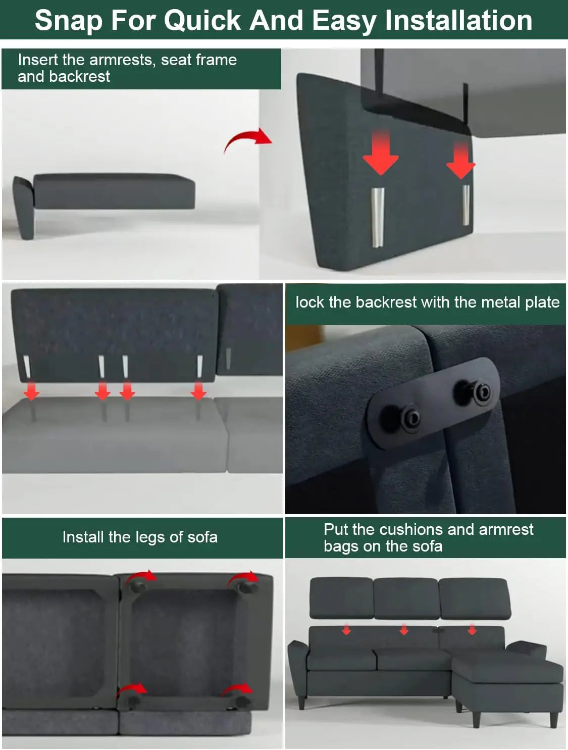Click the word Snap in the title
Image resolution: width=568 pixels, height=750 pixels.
69,21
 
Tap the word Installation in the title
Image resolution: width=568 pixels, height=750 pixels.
459,20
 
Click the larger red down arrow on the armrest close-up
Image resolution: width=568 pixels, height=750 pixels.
381,153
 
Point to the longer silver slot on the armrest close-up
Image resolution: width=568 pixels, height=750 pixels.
378,217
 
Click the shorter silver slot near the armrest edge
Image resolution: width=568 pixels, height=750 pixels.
466,205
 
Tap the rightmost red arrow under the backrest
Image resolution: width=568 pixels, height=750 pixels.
198,390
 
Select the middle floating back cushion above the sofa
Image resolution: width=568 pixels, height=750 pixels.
406,597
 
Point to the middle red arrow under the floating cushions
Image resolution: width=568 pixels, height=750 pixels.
404,629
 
